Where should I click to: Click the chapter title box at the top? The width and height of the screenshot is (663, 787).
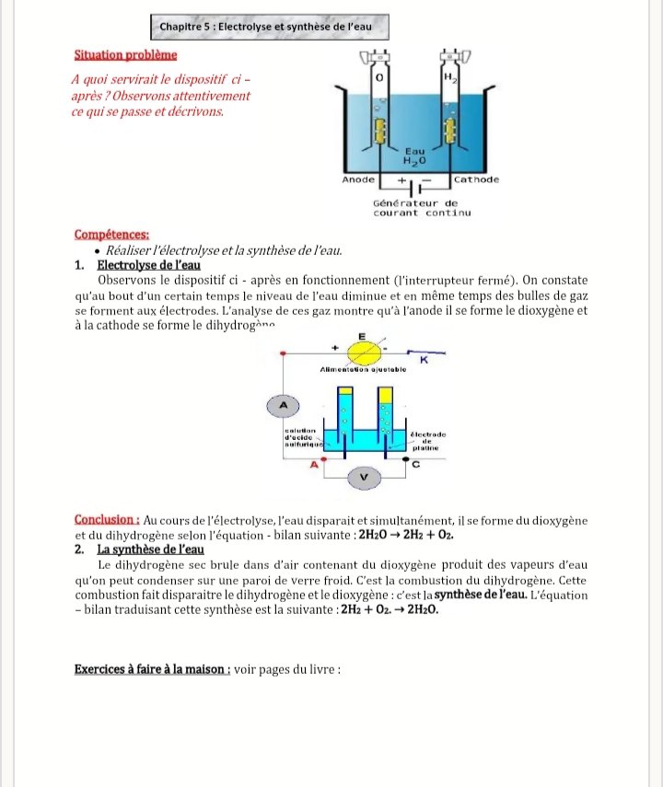coord(265,28)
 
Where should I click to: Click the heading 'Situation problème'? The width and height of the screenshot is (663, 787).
coord(125,56)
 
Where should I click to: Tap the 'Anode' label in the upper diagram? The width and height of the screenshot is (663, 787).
coord(358,179)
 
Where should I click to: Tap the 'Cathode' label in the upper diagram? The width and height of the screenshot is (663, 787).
coord(476,179)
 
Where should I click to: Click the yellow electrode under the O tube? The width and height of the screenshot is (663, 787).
coord(378,131)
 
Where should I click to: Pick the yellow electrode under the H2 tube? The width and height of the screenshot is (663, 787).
coord(450,130)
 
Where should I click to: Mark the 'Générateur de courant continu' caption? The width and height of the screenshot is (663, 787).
coord(421,207)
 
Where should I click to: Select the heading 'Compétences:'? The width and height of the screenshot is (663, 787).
coord(110,235)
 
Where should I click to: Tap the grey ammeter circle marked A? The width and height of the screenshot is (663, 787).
coord(284,404)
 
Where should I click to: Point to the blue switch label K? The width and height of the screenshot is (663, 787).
coord(425,360)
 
